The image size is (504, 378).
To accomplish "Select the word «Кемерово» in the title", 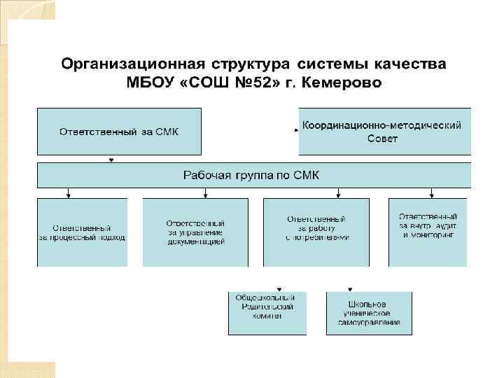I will coord(345,83).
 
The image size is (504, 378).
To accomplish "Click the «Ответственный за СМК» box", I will coord(119,131).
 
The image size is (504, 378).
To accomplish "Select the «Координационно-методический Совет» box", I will coord(384,131).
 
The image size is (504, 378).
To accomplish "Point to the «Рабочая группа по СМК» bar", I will coord(252,175).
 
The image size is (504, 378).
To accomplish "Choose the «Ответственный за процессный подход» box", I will coord(82,232).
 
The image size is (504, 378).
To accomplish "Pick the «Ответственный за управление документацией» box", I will coord(195,232).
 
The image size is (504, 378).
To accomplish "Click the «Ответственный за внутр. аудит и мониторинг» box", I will coord(428,232).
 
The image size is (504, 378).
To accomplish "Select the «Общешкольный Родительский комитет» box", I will coord(267,314).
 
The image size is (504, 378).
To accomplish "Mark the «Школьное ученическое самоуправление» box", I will coord(369,314).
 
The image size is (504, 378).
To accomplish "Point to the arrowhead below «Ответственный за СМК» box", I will coord(111,160).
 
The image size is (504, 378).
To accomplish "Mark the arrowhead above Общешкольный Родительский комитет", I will coord(279,289).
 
